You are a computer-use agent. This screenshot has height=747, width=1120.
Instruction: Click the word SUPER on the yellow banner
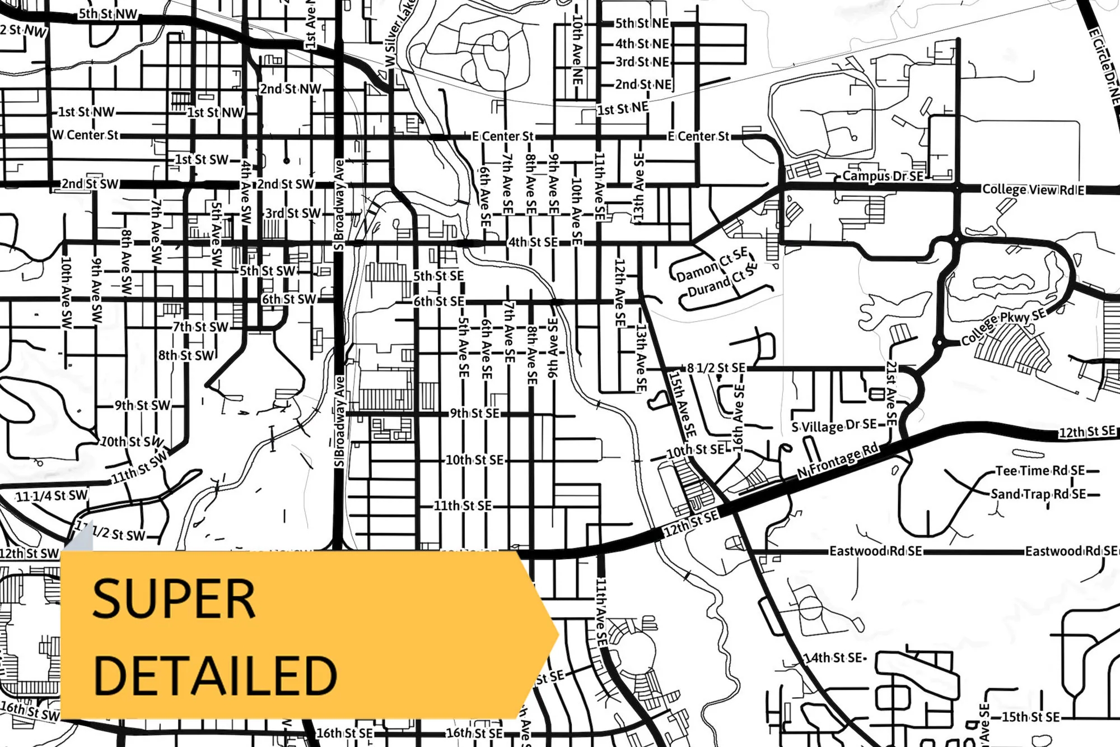[x=174, y=598]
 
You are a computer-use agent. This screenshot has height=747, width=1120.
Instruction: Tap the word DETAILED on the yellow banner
[x=215, y=675]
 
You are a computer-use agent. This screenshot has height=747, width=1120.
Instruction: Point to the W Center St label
[x=85, y=135]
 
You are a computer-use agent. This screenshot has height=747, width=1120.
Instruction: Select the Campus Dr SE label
[x=883, y=176]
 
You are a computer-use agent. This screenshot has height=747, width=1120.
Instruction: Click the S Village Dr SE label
[x=834, y=426]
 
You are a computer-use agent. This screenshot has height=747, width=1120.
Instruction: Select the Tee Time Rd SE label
[x=1040, y=471]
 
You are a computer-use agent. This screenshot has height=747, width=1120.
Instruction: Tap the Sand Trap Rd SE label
[x=1038, y=494]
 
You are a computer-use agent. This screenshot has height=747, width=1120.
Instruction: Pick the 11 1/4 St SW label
[x=52, y=495]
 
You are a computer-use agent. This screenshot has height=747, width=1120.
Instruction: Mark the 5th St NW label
[x=108, y=14]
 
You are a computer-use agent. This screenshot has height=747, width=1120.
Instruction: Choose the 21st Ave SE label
[x=891, y=392]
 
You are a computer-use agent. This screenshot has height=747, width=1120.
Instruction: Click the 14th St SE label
[x=833, y=657]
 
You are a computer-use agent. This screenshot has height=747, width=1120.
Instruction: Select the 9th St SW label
[x=142, y=405]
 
